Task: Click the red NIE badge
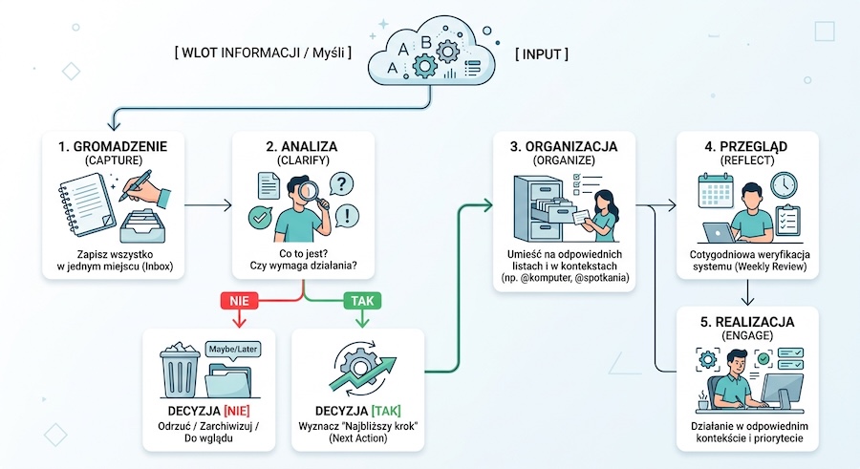click(x=239, y=301)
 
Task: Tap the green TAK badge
click(x=362, y=301)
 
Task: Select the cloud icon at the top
click(x=432, y=53)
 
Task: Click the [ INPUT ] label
click(x=542, y=53)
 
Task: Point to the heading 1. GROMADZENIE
click(x=113, y=146)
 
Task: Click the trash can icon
click(x=180, y=370)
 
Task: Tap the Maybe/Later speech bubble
click(x=233, y=350)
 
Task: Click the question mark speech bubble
click(x=341, y=183)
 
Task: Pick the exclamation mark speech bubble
click(x=347, y=216)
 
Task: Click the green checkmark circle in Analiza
click(x=260, y=218)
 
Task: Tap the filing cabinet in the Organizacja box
click(x=537, y=208)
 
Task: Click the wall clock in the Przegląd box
click(x=784, y=185)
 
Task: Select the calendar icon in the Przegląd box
click(x=716, y=191)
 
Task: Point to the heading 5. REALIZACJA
click(x=747, y=322)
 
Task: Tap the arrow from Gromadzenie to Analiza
click(x=208, y=205)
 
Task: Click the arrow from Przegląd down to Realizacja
click(x=747, y=293)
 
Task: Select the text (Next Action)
click(x=357, y=438)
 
